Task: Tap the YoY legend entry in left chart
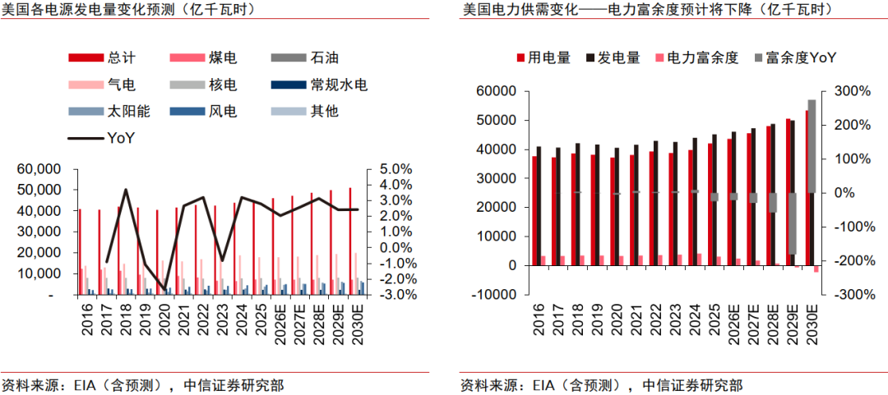click(x=101, y=138)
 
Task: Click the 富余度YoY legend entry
click(x=796, y=57)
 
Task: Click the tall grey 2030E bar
click(x=812, y=146)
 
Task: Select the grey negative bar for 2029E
click(x=792, y=223)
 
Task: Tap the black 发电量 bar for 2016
click(x=539, y=206)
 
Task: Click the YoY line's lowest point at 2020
click(x=164, y=290)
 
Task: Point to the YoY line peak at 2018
click(x=126, y=190)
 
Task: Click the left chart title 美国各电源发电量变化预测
click(x=83, y=9)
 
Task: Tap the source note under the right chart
click(x=601, y=386)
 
